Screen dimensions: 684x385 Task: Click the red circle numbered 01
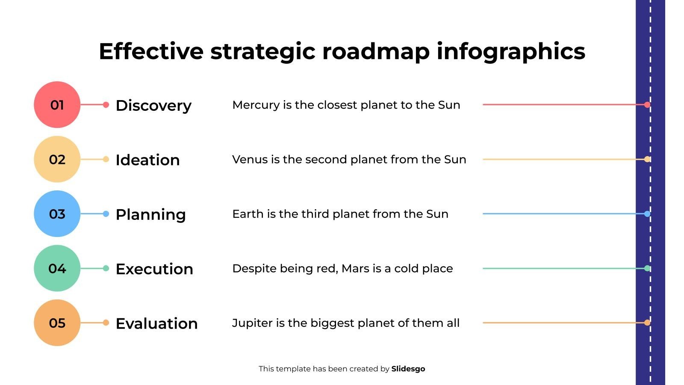(x=57, y=104)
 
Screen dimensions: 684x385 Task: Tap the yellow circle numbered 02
(x=57, y=159)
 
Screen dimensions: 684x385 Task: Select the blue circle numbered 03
(x=57, y=213)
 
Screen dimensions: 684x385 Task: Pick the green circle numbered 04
(x=57, y=268)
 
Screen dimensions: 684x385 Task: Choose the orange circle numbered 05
(x=57, y=323)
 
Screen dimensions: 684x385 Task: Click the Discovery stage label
(x=153, y=106)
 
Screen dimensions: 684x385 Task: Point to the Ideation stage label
(x=148, y=160)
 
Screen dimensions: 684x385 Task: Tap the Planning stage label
(x=151, y=214)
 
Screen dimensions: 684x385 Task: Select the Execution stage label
(x=154, y=269)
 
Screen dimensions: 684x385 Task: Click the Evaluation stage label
(x=156, y=323)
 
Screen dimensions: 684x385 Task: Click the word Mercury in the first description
(x=256, y=105)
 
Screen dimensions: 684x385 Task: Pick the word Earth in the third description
(x=248, y=214)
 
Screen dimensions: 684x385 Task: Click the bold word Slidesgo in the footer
(x=408, y=369)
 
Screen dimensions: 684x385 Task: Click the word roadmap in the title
(x=376, y=52)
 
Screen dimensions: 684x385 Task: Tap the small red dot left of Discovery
(x=106, y=105)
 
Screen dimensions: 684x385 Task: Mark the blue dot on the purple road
(x=647, y=214)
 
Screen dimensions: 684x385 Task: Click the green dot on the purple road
(x=647, y=268)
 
